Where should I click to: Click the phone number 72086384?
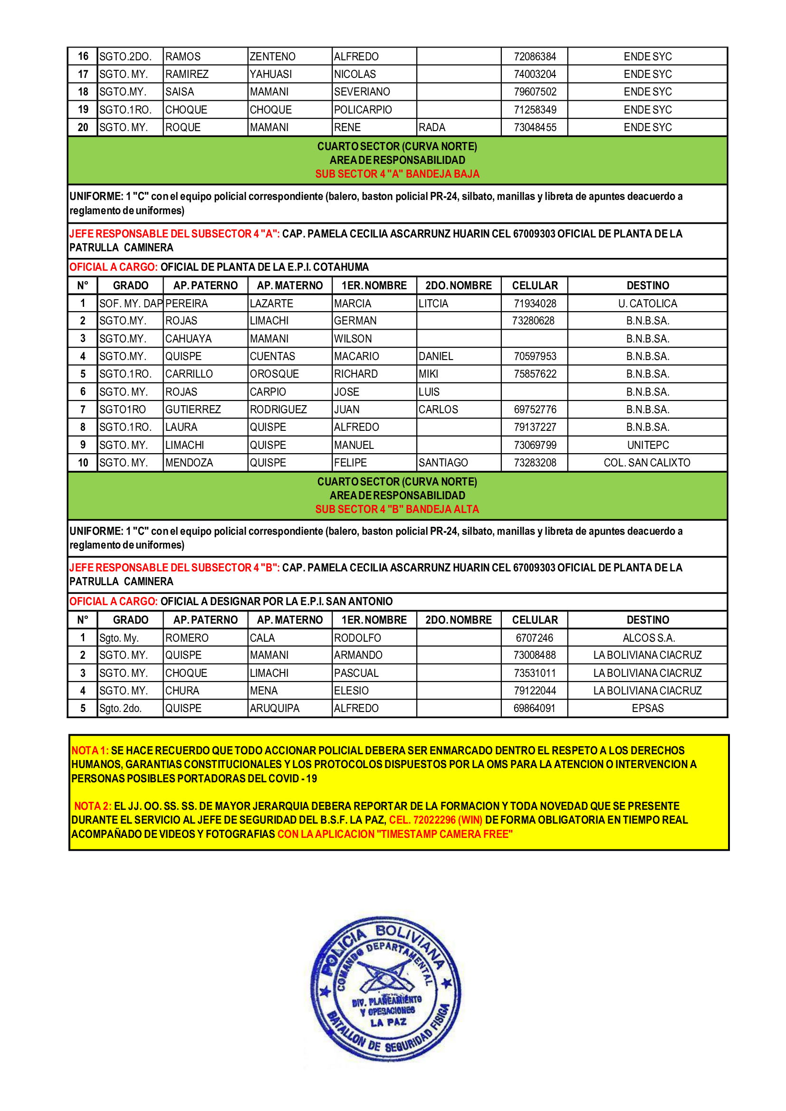pyautogui.click(x=535, y=57)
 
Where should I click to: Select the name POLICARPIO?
pyautogui.click(x=363, y=110)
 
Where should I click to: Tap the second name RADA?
pyautogui.click(x=431, y=127)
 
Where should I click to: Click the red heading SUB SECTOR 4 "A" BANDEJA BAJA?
pyautogui.click(x=397, y=174)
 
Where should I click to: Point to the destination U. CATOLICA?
pyautogui.click(x=647, y=304)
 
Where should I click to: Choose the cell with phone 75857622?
pyautogui.click(x=535, y=374)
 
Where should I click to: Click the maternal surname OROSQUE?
pyautogui.click(x=274, y=374)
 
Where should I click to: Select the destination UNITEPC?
pyautogui.click(x=648, y=445)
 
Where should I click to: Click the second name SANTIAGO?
pyautogui.click(x=443, y=463)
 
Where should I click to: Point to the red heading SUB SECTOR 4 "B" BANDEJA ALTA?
pyautogui.click(x=397, y=509)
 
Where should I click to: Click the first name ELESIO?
pyautogui.click(x=351, y=691)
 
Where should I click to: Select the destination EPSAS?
pyautogui.click(x=648, y=708)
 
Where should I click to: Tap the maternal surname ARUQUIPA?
pyautogui.click(x=274, y=708)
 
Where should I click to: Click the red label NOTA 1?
pyautogui.click(x=90, y=750)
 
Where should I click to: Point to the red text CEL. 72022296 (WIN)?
pyautogui.click(x=436, y=820)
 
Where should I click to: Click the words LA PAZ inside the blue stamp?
pyautogui.click(x=388, y=1023)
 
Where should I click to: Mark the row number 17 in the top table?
pyautogui.click(x=83, y=75)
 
